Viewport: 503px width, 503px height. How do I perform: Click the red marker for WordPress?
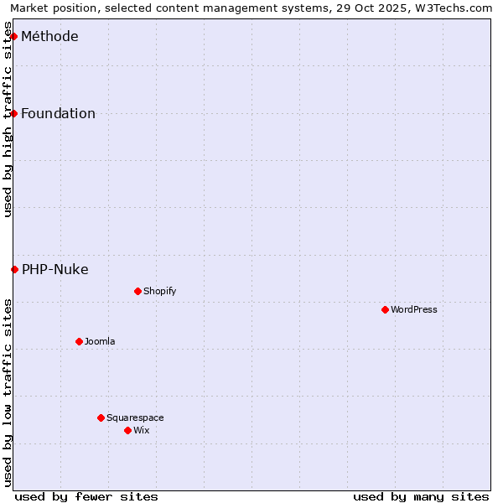385,309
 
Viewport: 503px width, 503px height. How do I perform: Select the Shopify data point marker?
137,291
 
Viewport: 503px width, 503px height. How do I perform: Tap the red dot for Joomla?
79,341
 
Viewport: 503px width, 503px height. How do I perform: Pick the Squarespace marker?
101,417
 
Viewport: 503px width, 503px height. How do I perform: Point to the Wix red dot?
127,430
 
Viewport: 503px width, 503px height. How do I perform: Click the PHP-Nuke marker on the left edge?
14,269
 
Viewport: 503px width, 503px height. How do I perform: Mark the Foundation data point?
13,113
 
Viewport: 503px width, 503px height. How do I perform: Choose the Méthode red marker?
13,36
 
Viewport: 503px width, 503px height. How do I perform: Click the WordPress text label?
414,309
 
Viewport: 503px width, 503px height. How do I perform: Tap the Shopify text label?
159,291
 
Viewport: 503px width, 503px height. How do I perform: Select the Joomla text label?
100,341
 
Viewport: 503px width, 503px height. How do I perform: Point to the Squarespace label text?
135,417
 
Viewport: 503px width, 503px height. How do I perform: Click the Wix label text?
142,430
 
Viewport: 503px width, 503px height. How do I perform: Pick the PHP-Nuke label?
55,269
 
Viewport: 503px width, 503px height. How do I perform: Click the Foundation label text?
58,113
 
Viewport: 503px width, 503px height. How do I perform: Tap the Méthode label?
49,36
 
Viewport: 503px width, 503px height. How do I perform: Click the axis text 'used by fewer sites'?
86,496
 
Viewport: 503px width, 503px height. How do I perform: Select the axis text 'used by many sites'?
421,496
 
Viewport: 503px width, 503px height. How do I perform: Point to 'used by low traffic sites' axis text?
8,392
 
